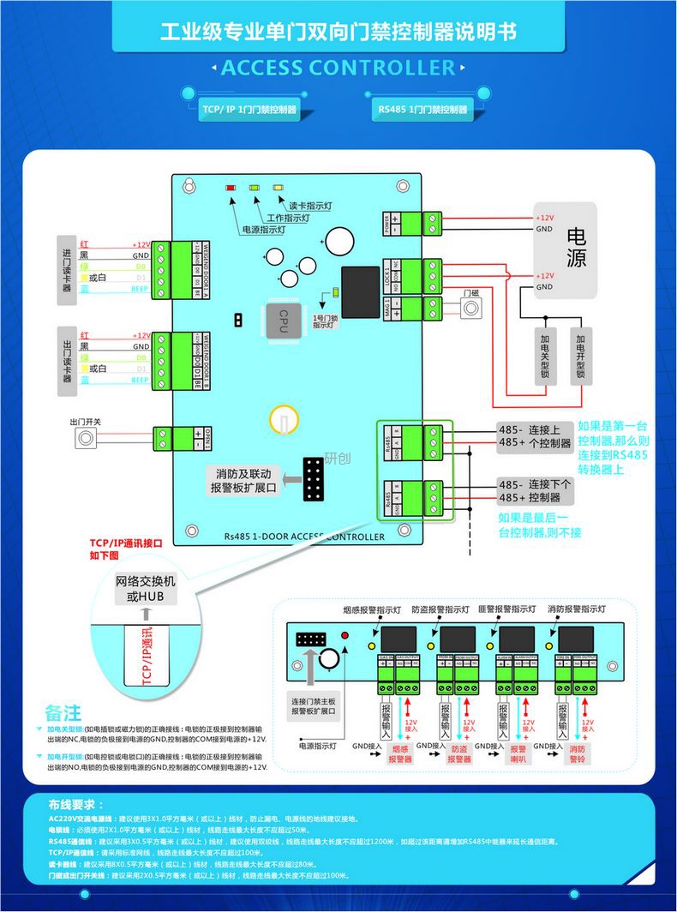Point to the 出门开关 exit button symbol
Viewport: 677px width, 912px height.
pyautogui.click(x=85, y=440)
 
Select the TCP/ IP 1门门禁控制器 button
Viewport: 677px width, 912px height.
pyautogui.click(x=249, y=110)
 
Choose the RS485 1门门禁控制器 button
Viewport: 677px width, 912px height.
pyautogui.click(x=423, y=110)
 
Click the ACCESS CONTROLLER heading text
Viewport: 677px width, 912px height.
pyautogui.click(x=338, y=69)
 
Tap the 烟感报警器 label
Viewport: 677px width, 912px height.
pyautogui.click(x=400, y=753)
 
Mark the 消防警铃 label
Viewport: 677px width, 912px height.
pyautogui.click(x=577, y=753)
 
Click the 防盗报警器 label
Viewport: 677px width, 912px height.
pyautogui.click(x=459, y=753)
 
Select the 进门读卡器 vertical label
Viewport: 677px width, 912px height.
pyautogui.click(x=68, y=269)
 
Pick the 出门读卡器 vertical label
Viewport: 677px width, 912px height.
pyautogui.click(x=68, y=362)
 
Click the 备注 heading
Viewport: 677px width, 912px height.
pyautogui.click(x=63, y=713)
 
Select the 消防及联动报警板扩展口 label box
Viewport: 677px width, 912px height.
pyautogui.click(x=244, y=481)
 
